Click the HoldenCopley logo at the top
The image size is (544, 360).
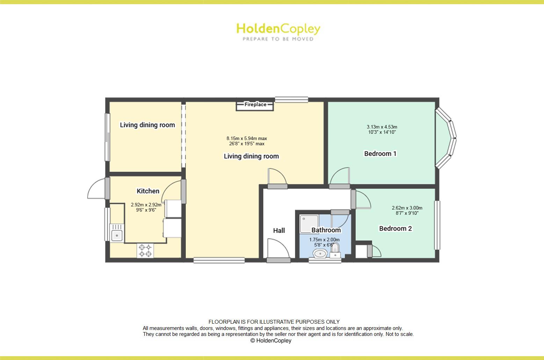pos(278,31)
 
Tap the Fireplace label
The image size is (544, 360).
pos(255,104)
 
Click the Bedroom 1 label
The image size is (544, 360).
pos(380,154)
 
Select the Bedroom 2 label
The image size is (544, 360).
pos(395,229)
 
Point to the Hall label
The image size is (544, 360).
pos(279,230)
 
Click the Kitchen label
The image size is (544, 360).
pos(148,191)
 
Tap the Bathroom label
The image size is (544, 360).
pos(326,230)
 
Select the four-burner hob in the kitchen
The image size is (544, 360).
pos(145,250)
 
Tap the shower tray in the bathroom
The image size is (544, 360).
pos(309,224)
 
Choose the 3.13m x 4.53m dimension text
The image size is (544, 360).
pos(382,127)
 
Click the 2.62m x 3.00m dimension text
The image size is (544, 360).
pos(407,208)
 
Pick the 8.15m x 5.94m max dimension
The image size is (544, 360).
pos(247,138)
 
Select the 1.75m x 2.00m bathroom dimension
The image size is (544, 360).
pos(324,240)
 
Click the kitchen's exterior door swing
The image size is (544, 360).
pos(96,189)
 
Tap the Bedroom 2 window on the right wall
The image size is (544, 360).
pos(437,225)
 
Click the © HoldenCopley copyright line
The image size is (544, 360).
pos(271,341)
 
